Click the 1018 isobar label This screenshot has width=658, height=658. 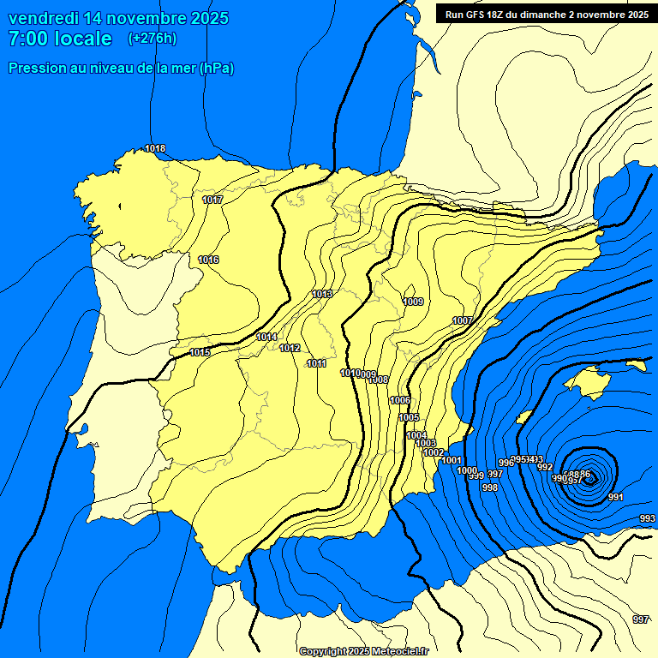tap(155, 148)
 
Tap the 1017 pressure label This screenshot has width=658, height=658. tap(212, 200)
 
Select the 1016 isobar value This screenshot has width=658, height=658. tap(208, 260)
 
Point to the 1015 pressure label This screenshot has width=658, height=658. tap(200, 353)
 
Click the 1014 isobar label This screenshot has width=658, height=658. tap(266, 337)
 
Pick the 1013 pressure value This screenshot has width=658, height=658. tap(322, 294)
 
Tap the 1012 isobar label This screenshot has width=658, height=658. tap(290, 348)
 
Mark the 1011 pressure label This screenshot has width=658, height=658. tap(317, 363)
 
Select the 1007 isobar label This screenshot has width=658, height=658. tap(463, 320)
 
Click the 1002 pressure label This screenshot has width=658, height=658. tap(434, 452)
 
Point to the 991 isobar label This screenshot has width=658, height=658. tap(615, 497)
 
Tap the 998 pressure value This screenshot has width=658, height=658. tap(490, 488)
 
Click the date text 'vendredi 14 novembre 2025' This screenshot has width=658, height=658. tap(118, 18)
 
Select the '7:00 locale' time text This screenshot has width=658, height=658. tap(60, 39)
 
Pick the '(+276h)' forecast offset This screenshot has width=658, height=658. tap(152, 39)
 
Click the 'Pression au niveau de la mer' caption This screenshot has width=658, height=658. tap(121, 68)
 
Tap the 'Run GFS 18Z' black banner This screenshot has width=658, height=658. tap(546, 15)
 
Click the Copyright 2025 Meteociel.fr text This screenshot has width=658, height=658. tap(364, 651)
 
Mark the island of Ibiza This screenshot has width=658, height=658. tap(524, 417)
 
